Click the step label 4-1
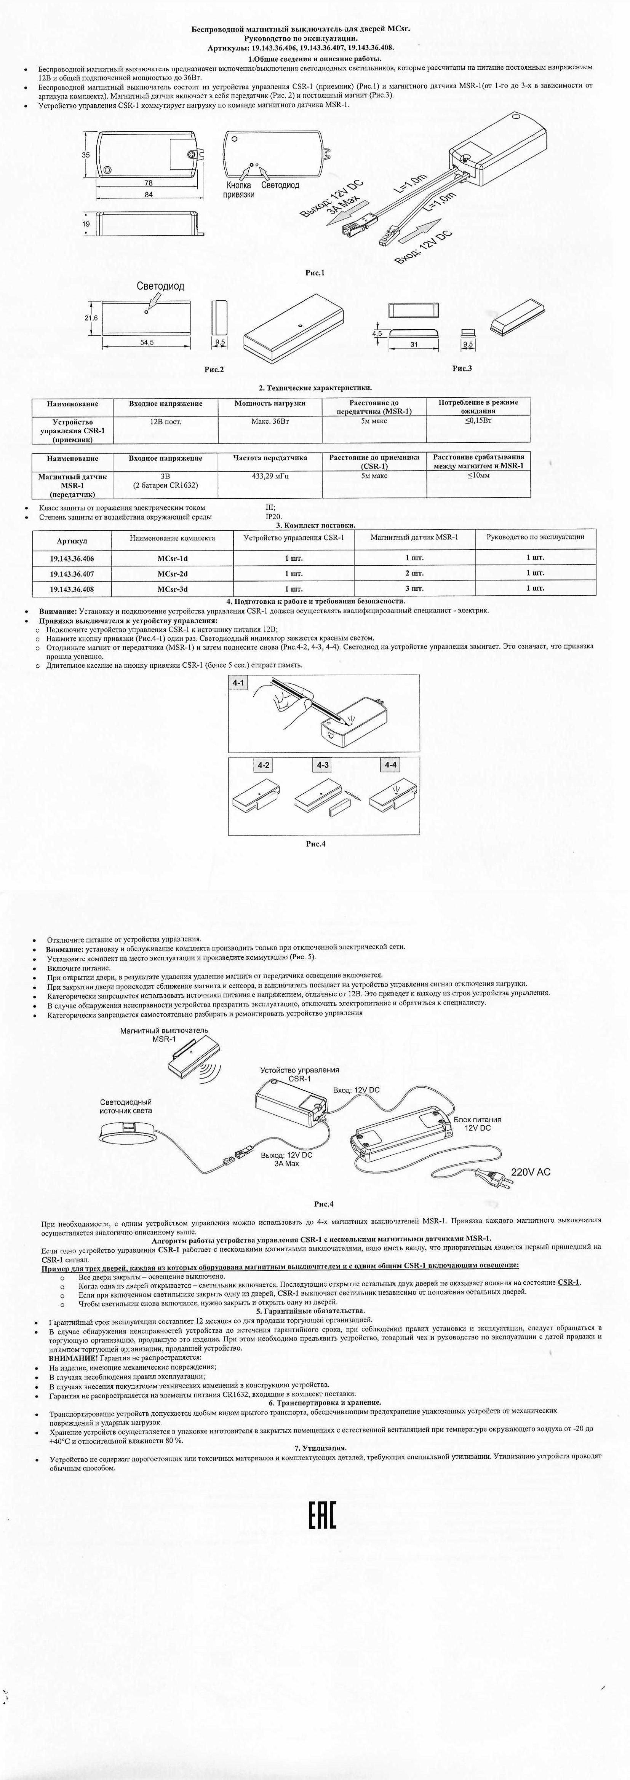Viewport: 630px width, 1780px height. (238, 682)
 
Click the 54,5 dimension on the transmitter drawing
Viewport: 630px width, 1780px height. (147, 342)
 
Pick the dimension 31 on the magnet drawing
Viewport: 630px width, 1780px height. (414, 344)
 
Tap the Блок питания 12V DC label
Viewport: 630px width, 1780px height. (477, 1124)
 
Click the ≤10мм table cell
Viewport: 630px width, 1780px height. (478, 475)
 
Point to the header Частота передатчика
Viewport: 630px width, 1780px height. (270, 458)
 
